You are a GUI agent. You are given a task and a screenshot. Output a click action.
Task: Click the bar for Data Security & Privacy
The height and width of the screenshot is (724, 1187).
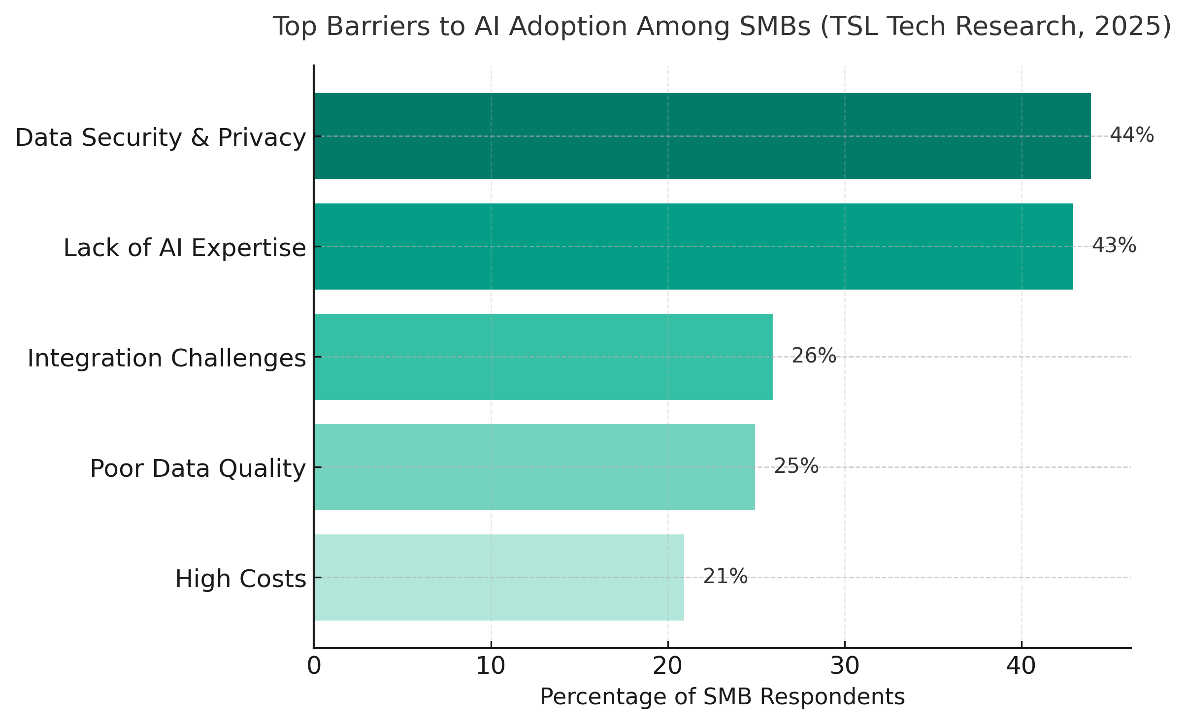(702, 136)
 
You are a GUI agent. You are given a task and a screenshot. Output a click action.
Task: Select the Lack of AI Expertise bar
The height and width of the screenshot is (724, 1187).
(693, 246)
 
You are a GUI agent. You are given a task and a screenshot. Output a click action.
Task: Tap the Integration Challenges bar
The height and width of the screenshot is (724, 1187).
(543, 357)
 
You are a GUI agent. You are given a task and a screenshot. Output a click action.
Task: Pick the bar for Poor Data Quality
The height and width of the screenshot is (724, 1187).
(534, 467)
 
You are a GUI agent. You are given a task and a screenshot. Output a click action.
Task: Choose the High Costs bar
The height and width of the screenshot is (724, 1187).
(498, 577)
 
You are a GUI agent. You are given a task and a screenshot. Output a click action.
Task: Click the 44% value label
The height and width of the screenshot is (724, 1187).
(1131, 135)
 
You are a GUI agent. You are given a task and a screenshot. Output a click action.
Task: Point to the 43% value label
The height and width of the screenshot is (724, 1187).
(1114, 245)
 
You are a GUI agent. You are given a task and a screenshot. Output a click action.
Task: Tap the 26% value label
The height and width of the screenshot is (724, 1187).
(813, 356)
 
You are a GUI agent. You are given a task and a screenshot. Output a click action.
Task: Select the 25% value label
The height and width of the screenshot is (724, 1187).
(796, 466)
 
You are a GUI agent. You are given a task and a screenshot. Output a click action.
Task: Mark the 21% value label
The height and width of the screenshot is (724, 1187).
(725, 576)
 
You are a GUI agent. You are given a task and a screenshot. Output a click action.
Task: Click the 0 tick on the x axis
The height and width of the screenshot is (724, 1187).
(314, 666)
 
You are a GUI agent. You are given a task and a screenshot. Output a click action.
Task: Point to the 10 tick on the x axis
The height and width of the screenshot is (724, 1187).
(491, 666)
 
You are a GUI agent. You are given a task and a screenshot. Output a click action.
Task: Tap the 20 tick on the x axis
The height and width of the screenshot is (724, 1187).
(667, 666)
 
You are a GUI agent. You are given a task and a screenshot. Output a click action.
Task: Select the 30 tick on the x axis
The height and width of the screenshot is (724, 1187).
(844, 666)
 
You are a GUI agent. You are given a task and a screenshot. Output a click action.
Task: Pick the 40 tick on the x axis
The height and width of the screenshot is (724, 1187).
(1021, 666)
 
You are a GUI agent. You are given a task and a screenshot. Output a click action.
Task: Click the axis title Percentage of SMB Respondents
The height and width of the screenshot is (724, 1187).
(722, 697)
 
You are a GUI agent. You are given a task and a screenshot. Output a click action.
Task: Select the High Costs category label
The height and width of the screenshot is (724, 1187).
(240, 579)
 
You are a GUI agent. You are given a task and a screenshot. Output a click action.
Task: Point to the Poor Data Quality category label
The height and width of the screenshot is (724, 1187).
(198, 468)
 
